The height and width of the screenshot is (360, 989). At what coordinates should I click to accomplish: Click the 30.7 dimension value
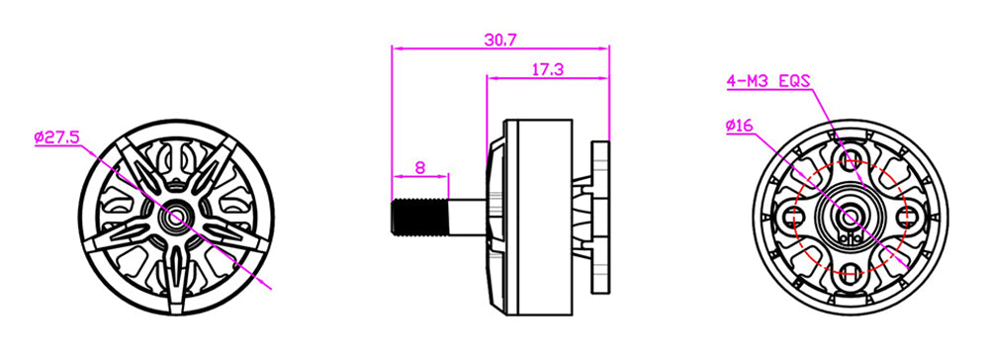click(500, 40)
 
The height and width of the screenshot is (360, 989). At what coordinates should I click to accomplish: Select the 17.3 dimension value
click(547, 69)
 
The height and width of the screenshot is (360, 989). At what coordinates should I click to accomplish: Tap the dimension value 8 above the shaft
click(420, 168)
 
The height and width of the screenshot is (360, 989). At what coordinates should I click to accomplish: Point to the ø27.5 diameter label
click(57, 136)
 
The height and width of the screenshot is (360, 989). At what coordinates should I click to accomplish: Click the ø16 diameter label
click(739, 126)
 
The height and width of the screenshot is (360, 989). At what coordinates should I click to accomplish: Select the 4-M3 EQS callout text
click(768, 81)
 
